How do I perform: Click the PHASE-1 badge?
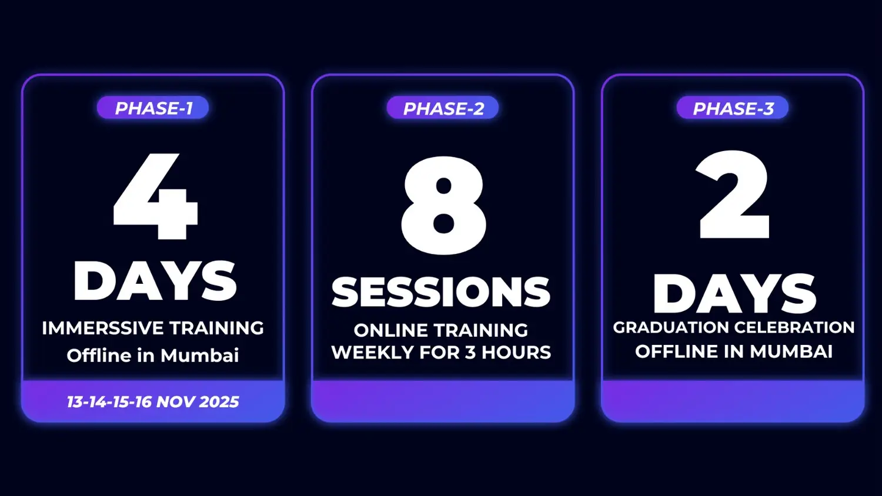[153, 108]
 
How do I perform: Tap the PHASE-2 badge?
[443, 108]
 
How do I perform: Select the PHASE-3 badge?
[733, 108]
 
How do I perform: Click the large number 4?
[155, 196]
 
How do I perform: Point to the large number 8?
[444, 205]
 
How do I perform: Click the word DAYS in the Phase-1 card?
[155, 281]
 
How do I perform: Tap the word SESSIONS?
[441, 291]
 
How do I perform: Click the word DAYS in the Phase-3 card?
[735, 293]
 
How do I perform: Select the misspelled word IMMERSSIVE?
[102, 328]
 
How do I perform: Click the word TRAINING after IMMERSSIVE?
[216, 328]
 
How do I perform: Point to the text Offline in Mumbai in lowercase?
[153, 355]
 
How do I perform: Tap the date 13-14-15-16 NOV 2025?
[153, 402]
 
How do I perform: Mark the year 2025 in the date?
[219, 402]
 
